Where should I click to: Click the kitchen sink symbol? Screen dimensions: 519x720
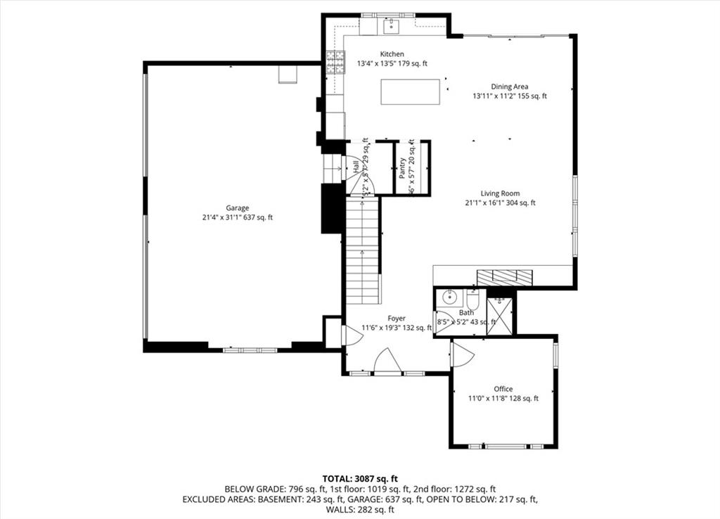click(x=391, y=27)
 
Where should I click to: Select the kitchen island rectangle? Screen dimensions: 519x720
click(x=411, y=92)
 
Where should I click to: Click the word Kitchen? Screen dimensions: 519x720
click(x=392, y=54)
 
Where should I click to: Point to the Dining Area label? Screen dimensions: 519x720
click(x=510, y=86)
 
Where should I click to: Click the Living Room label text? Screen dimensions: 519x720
click(x=500, y=193)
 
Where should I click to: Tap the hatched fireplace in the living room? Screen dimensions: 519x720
click(x=504, y=277)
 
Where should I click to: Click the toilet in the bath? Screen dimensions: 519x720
click(x=472, y=300)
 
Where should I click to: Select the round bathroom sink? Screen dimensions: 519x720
click(x=447, y=298)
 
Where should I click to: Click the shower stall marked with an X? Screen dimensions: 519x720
click(x=500, y=315)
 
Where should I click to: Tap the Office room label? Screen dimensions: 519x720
click(x=503, y=389)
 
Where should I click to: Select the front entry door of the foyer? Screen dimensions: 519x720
click(x=387, y=362)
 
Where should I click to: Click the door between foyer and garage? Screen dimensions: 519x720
click(x=352, y=335)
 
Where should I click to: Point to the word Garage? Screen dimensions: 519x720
click(x=237, y=208)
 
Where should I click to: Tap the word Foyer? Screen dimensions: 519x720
click(x=397, y=319)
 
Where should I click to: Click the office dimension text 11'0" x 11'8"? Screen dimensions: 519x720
click(x=490, y=399)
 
